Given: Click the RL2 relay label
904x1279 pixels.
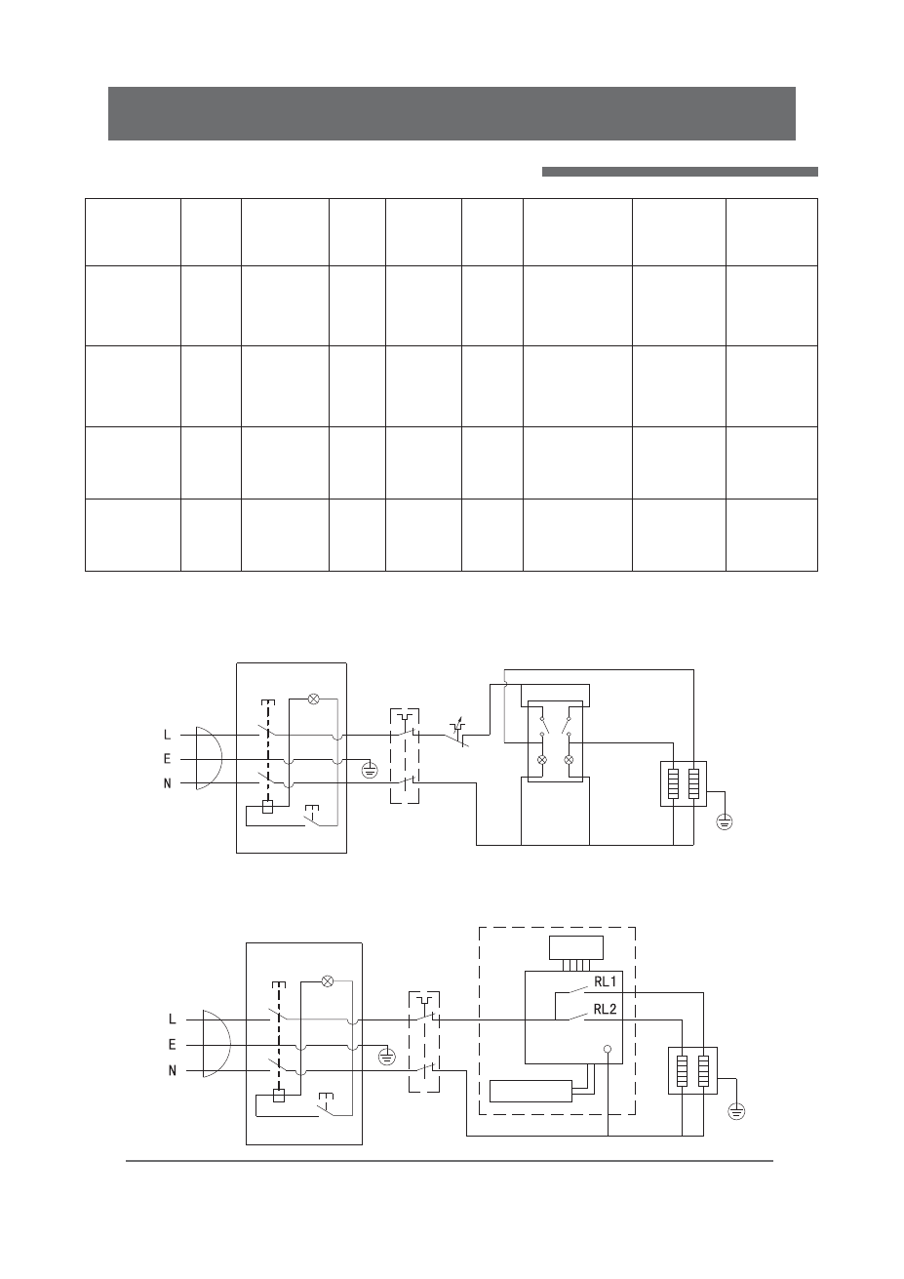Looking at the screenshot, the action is [x=606, y=1009].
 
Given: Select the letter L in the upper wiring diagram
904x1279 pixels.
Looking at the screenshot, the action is [x=168, y=735].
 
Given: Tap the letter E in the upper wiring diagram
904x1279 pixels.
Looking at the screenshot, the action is [x=168, y=759].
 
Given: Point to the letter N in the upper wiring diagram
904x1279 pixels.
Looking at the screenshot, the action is [x=168, y=783].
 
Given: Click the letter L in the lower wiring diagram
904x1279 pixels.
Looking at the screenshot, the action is [x=173, y=1019].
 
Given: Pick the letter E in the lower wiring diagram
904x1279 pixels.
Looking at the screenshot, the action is [x=173, y=1044].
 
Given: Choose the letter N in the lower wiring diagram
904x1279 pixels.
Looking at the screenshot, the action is [x=173, y=1070].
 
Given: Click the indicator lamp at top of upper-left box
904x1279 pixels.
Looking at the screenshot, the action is [x=314, y=699].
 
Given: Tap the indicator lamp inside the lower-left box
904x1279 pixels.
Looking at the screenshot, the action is [x=328, y=980].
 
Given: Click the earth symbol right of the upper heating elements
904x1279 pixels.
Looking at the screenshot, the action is [x=725, y=819].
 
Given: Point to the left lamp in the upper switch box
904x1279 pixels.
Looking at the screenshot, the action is [x=542, y=759].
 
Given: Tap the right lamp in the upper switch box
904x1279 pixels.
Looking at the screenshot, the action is [x=569, y=759].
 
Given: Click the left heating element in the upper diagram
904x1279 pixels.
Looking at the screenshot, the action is [x=674, y=783].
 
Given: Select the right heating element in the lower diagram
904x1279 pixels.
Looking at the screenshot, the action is [x=701, y=1069].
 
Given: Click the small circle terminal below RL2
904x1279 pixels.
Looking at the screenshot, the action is [x=607, y=1051].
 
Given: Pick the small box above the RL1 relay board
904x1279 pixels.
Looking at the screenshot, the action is [x=576, y=947].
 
